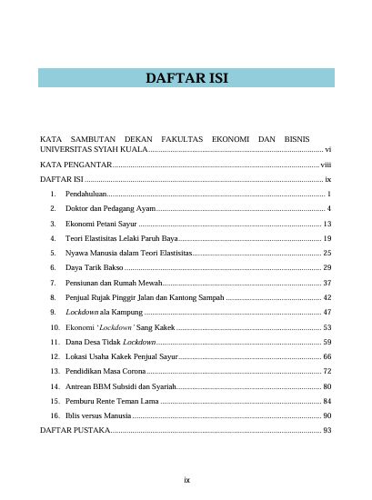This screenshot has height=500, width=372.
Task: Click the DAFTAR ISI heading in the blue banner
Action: (186, 79)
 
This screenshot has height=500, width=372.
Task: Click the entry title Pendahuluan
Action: (86, 195)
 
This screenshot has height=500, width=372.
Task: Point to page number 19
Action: (327, 238)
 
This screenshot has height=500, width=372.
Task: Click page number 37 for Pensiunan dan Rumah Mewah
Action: (327, 283)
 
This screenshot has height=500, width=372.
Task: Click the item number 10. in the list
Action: (55, 327)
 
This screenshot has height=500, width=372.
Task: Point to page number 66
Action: (327, 356)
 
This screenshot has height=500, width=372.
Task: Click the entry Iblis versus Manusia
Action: (99, 415)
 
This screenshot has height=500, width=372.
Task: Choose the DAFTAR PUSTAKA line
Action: (74, 430)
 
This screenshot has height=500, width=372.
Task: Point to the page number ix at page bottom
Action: (186, 479)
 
